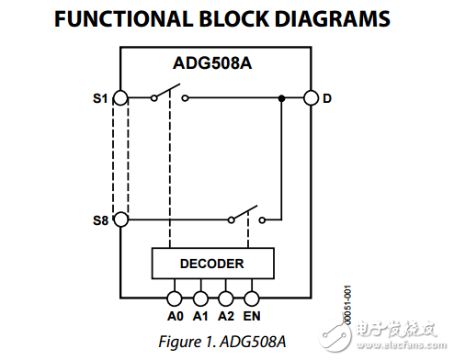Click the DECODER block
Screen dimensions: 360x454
click(x=211, y=264)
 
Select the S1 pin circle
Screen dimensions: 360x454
click(x=120, y=97)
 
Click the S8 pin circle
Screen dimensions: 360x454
click(x=120, y=220)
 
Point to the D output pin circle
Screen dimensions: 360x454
click(x=311, y=97)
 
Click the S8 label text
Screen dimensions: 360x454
click(x=99, y=220)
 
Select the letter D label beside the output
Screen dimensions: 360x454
click(x=327, y=97)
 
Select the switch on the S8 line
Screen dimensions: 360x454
click(x=245, y=217)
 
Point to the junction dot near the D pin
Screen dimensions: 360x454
click(x=280, y=97)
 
